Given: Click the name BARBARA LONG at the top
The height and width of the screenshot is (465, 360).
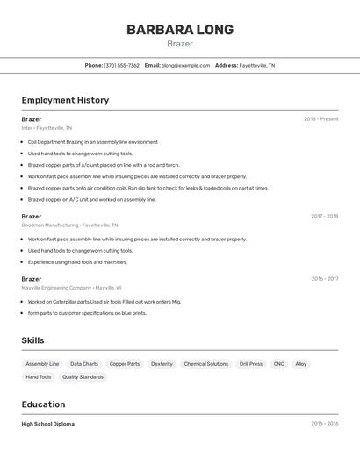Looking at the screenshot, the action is [180, 30].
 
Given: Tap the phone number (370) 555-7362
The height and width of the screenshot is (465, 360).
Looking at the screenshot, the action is [122, 65].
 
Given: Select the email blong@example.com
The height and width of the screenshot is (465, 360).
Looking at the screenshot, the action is [185, 65].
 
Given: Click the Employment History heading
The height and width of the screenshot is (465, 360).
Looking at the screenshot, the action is [65, 100].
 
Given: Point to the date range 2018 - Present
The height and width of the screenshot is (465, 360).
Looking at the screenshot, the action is [320, 119].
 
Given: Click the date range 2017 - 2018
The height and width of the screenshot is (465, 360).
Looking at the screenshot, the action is [324, 216].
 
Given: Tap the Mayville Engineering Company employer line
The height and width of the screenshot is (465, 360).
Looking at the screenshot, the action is [71, 288].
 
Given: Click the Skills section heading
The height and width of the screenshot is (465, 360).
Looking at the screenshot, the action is [32, 340].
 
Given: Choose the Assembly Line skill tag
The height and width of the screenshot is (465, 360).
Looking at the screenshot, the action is [42, 364].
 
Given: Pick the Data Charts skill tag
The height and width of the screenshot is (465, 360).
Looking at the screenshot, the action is [84, 364].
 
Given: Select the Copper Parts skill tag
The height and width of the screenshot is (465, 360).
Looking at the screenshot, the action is [125, 364].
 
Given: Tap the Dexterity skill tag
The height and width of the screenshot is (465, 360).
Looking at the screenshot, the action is [162, 364].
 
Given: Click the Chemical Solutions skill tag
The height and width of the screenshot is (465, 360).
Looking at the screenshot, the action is [206, 364].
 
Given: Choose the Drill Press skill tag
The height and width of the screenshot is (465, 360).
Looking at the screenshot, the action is [251, 364].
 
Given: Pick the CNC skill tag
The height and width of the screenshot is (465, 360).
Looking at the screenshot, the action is [278, 364].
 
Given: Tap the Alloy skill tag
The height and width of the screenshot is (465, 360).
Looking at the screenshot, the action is [301, 364].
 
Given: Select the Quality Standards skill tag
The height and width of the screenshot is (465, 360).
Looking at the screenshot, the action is [83, 377].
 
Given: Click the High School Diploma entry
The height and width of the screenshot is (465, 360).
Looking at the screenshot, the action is [47, 424].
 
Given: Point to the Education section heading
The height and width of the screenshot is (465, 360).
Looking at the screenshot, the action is [43, 404].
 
